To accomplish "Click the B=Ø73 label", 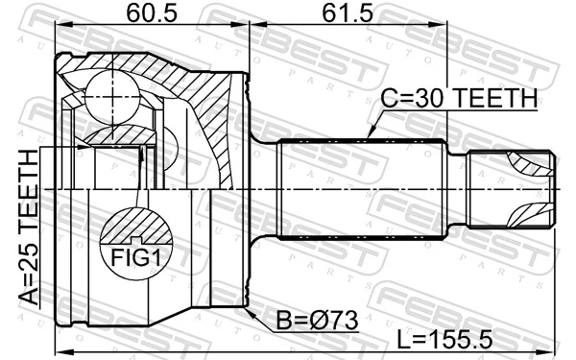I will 316,322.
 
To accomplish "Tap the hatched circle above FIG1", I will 137,228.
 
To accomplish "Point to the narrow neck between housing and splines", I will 265,188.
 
